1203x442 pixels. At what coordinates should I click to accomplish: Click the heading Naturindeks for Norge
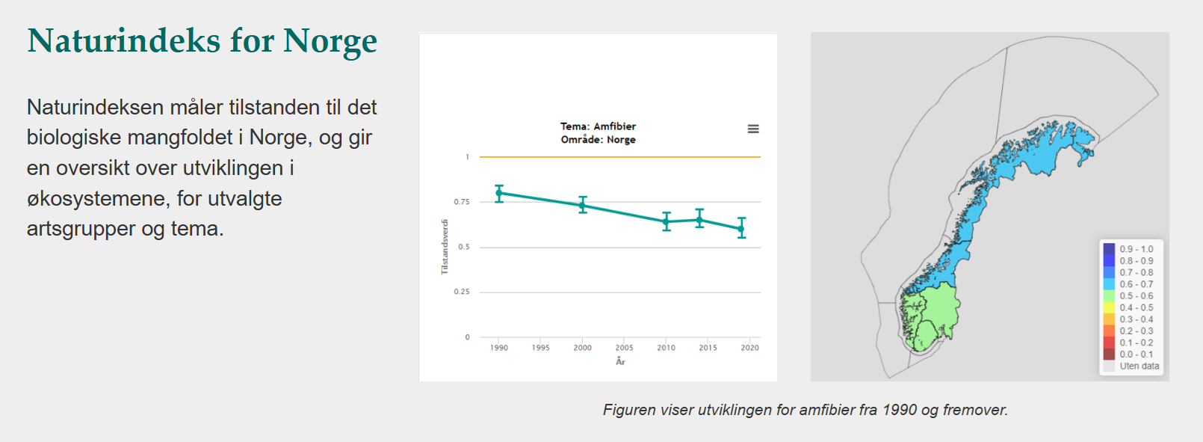[x=202, y=41]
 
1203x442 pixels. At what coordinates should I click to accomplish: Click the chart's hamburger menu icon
[x=753, y=129]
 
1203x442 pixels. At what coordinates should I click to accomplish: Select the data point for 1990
[x=499, y=193]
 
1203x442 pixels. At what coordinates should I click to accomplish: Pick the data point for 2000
[x=583, y=205]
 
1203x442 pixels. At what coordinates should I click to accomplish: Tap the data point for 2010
[x=667, y=221]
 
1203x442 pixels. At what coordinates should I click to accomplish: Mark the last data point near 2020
[x=741, y=228]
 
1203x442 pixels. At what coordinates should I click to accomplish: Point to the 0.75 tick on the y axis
[x=462, y=202]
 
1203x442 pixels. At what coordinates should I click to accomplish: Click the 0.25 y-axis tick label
[x=462, y=292]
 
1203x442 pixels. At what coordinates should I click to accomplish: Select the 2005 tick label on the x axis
[x=624, y=348]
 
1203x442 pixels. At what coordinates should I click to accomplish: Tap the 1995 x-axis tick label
[x=541, y=348]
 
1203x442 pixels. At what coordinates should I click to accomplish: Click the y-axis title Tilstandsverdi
[x=445, y=247]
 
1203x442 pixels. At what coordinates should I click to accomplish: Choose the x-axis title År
[x=620, y=362]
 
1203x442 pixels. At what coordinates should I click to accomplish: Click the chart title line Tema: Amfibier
[x=598, y=126]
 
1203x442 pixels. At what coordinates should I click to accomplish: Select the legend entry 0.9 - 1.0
[x=1136, y=249]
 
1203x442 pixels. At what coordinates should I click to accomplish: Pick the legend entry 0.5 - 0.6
[x=1136, y=296]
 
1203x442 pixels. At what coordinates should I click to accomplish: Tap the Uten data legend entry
[x=1139, y=366]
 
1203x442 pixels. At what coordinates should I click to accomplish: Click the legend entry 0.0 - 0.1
[x=1136, y=354]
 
